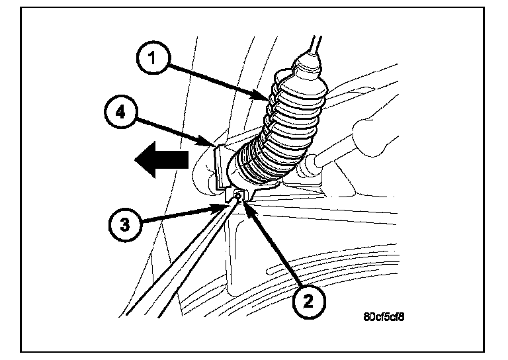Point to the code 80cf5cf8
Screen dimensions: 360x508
pos(384,316)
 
